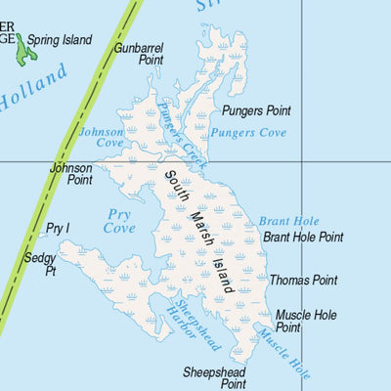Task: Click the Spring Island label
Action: pyautogui.click(x=60, y=40)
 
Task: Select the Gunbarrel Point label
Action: pyautogui.click(x=138, y=53)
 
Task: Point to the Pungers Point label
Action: pyautogui.click(x=256, y=111)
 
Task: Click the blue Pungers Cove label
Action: pyautogui.click(x=247, y=132)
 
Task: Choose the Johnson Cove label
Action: pyautogui.click(x=102, y=138)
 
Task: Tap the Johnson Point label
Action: pyautogui.click(x=71, y=174)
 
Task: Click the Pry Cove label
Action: pyautogui.click(x=119, y=221)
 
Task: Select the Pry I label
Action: pyautogui.click(x=58, y=229)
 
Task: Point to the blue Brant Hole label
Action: pyautogui.click(x=289, y=222)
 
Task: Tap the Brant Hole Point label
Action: pyautogui.click(x=303, y=237)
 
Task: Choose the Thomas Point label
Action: pyautogui.click(x=303, y=281)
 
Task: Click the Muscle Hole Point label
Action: pyautogui.click(x=305, y=322)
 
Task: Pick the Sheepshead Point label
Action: pyautogui.click(x=214, y=378)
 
